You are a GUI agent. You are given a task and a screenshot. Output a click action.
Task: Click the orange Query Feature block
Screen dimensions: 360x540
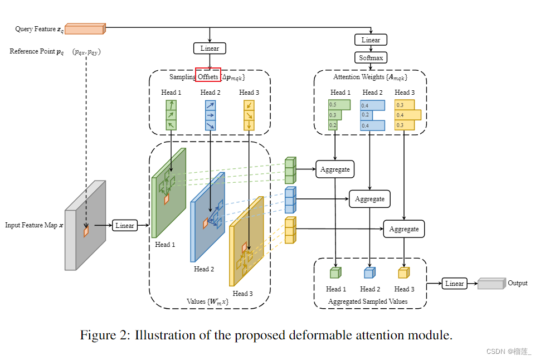[x=85, y=28]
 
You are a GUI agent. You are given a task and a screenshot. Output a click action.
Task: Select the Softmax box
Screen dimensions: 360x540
[x=371, y=57]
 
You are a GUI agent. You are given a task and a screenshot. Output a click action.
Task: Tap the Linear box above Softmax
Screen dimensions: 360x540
[x=371, y=40]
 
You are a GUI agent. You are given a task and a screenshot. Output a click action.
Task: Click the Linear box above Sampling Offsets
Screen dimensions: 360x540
[x=210, y=48]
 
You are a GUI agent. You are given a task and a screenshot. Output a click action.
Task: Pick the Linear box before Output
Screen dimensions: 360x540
[x=454, y=283]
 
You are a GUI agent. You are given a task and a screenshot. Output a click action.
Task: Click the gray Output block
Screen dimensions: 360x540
[x=491, y=284]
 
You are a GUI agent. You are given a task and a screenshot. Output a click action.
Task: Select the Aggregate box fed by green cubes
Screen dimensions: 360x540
[x=335, y=169]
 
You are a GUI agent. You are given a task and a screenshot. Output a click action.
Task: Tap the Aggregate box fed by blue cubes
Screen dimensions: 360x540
[x=369, y=199]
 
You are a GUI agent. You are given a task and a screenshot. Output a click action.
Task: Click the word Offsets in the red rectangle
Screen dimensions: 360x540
[x=208, y=76]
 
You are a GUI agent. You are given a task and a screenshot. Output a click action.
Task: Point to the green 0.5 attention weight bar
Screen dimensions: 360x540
[x=339, y=105]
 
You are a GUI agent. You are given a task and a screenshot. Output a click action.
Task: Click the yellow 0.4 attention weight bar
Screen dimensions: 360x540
[x=408, y=115]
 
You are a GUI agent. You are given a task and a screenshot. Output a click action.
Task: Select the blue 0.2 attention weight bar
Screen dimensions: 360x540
[x=368, y=115]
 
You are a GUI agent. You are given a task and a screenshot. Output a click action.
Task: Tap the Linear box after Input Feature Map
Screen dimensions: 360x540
[x=124, y=225]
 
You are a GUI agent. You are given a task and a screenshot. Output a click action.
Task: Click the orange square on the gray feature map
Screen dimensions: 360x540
[x=86, y=231]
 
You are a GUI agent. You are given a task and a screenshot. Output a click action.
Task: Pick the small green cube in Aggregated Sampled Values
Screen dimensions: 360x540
[x=335, y=273]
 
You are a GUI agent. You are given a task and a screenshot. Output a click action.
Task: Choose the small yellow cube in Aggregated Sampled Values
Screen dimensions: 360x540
[x=403, y=273]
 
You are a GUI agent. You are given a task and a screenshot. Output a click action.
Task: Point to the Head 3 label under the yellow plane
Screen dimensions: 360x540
[x=243, y=293]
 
